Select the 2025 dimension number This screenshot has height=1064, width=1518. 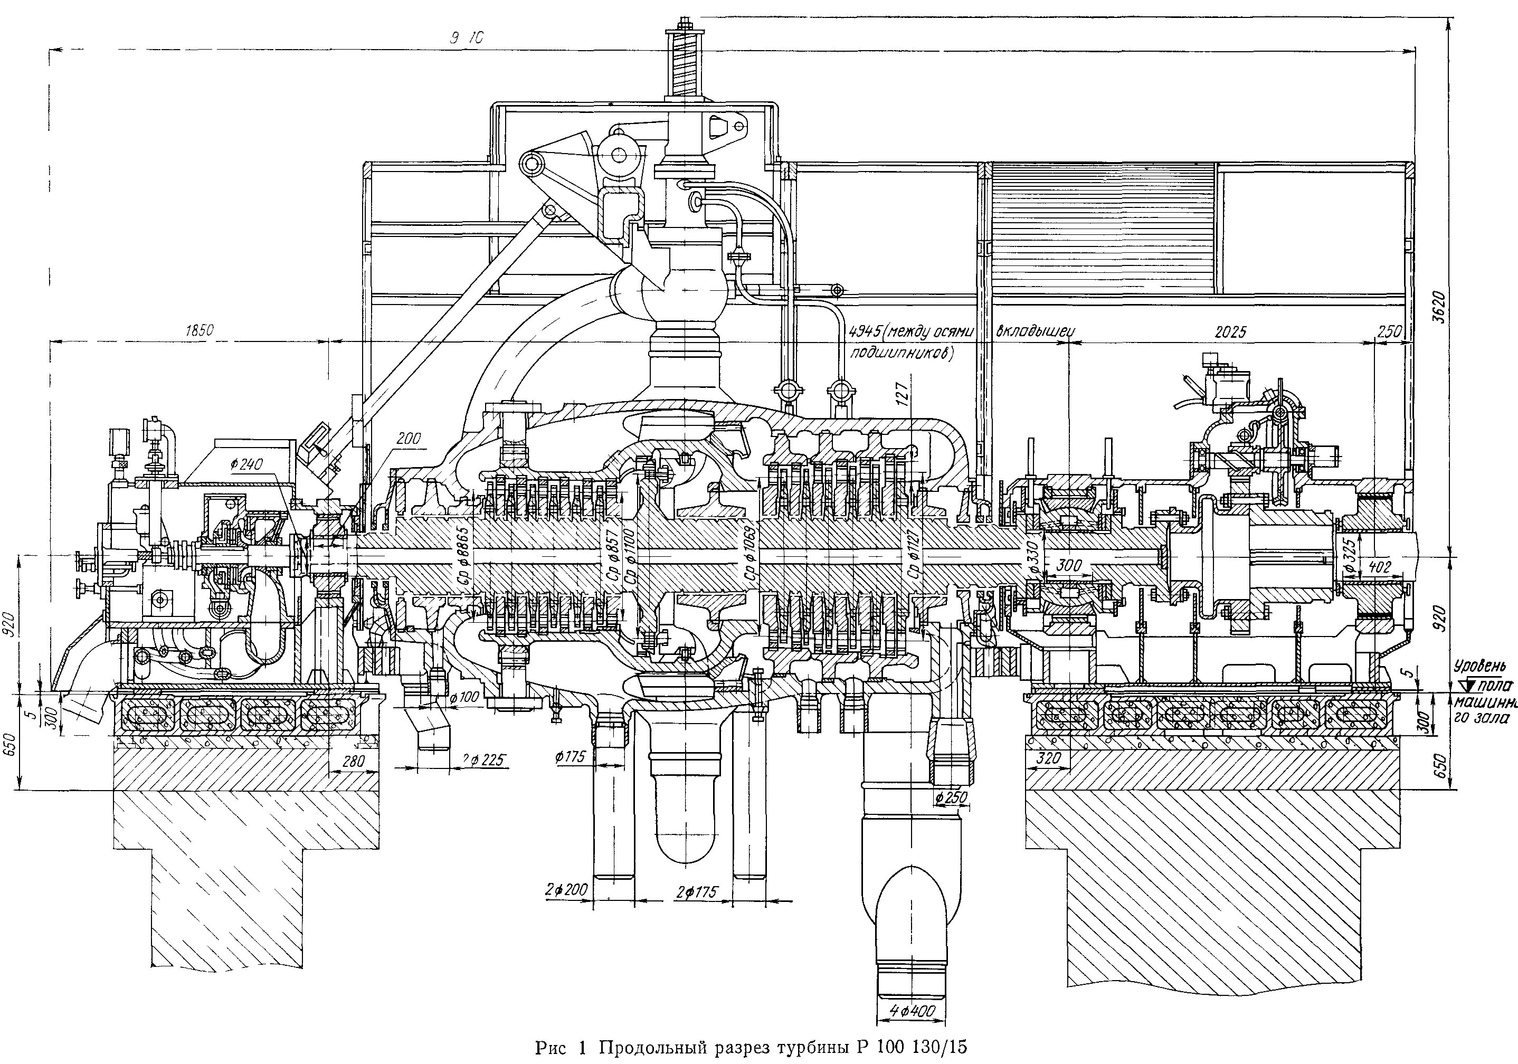pyautogui.click(x=1230, y=332)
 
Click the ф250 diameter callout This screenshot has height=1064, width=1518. pyautogui.click(x=951, y=798)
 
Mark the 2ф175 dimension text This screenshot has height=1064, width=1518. pyautogui.click(x=697, y=892)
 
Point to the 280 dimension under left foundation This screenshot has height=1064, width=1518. pyautogui.click(x=353, y=762)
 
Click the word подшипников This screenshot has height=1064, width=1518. pyautogui.click(x=902, y=353)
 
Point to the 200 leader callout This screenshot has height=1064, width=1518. pyautogui.click(x=409, y=439)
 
